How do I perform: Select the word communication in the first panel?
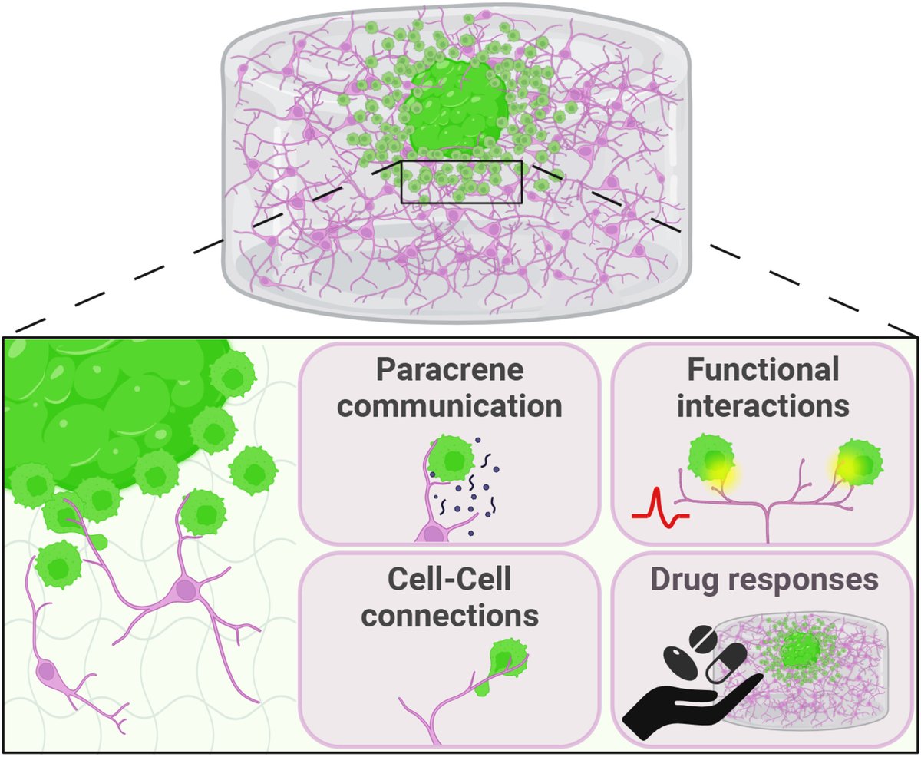(x=449, y=405)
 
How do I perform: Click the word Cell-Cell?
(x=449, y=582)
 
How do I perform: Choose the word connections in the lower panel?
(x=449, y=616)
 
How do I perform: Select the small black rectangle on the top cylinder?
(x=461, y=182)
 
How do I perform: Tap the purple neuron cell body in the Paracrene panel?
(x=434, y=531)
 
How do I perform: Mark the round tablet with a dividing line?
(x=705, y=642)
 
